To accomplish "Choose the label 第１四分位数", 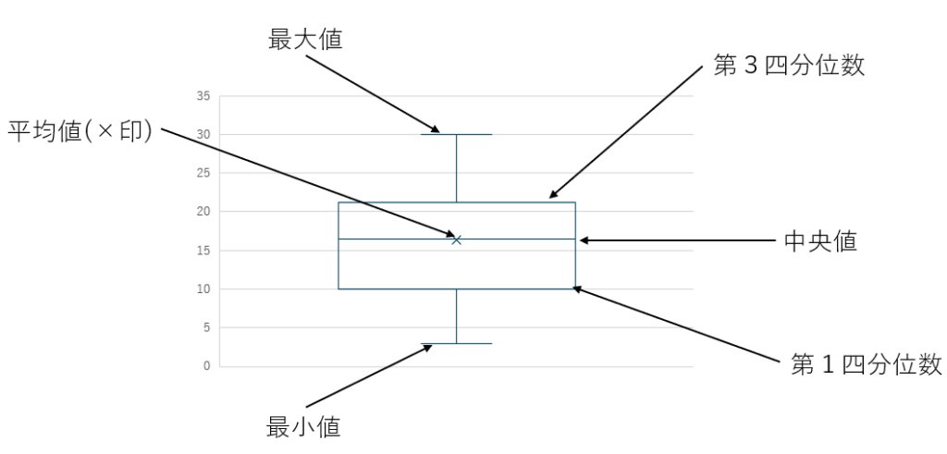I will click(x=867, y=363).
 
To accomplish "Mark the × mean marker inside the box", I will click(x=456, y=239).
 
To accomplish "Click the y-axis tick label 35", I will click(x=203, y=96).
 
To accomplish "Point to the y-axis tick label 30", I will click(x=203, y=134).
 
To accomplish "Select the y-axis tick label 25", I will click(x=203, y=173).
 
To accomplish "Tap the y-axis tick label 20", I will click(x=203, y=212).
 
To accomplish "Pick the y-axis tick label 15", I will click(x=203, y=251).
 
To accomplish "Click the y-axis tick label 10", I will click(x=203, y=289).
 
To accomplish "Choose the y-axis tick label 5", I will click(x=206, y=327).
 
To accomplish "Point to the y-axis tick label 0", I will click(x=206, y=366).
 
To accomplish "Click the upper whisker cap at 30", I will click(x=457, y=134).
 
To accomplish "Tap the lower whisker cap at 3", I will click(x=457, y=344).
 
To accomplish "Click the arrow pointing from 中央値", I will click(x=675, y=240).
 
